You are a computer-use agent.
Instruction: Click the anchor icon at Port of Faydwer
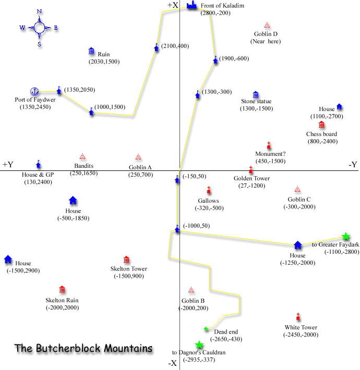coord(34,91)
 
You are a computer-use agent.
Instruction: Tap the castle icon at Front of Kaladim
coord(191,5)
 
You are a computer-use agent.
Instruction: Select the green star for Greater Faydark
coord(345,236)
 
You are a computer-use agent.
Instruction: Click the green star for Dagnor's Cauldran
coord(199,345)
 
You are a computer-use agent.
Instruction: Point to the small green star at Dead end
coord(206,328)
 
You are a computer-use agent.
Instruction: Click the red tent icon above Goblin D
coord(267,25)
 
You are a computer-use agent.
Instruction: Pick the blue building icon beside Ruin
coord(91,51)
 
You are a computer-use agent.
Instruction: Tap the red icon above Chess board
coord(321,125)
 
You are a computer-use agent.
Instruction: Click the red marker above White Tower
coord(298,316)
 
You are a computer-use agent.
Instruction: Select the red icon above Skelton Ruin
coord(62,289)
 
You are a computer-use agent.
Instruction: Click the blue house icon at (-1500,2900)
coord(8,259)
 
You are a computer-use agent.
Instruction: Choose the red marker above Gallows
coord(209,190)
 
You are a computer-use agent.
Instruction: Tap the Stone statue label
coord(256,101)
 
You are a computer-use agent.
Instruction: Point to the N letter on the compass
coord(40,11)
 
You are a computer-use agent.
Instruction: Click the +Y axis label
coord(8,164)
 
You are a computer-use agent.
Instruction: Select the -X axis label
coord(173,363)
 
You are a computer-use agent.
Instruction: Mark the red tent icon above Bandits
coord(82,156)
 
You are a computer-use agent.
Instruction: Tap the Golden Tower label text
coord(251,178)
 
